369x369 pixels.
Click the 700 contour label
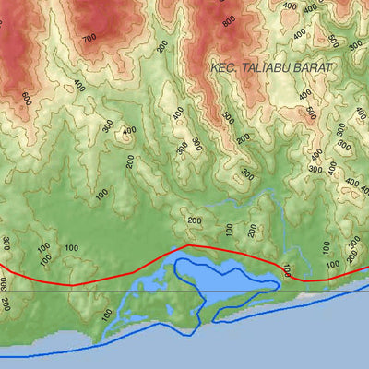point(89,38)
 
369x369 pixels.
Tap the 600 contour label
point(25,99)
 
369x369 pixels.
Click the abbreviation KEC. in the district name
point(224,67)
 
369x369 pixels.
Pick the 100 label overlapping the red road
point(286,270)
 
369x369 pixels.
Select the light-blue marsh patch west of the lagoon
point(152,295)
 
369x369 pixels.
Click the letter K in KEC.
point(214,67)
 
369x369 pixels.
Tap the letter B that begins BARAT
point(299,67)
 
